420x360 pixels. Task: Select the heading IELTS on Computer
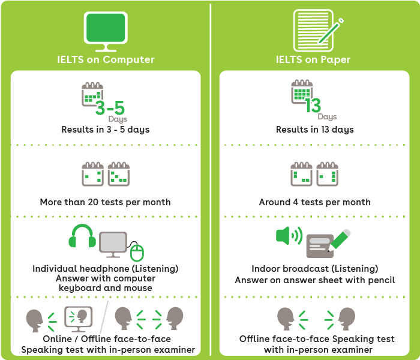[x=106, y=59]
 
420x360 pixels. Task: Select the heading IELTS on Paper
[x=313, y=59]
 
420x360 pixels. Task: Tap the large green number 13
[x=313, y=106]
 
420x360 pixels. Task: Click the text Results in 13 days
[x=314, y=130]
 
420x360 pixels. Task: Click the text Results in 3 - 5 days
[x=106, y=130]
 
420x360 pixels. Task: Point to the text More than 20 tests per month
[x=106, y=202]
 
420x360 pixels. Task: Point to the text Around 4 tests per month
[x=314, y=202]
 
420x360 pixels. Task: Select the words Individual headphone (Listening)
[x=106, y=268]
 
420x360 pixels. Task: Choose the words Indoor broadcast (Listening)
[x=314, y=268]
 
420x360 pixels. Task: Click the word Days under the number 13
[x=327, y=117]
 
